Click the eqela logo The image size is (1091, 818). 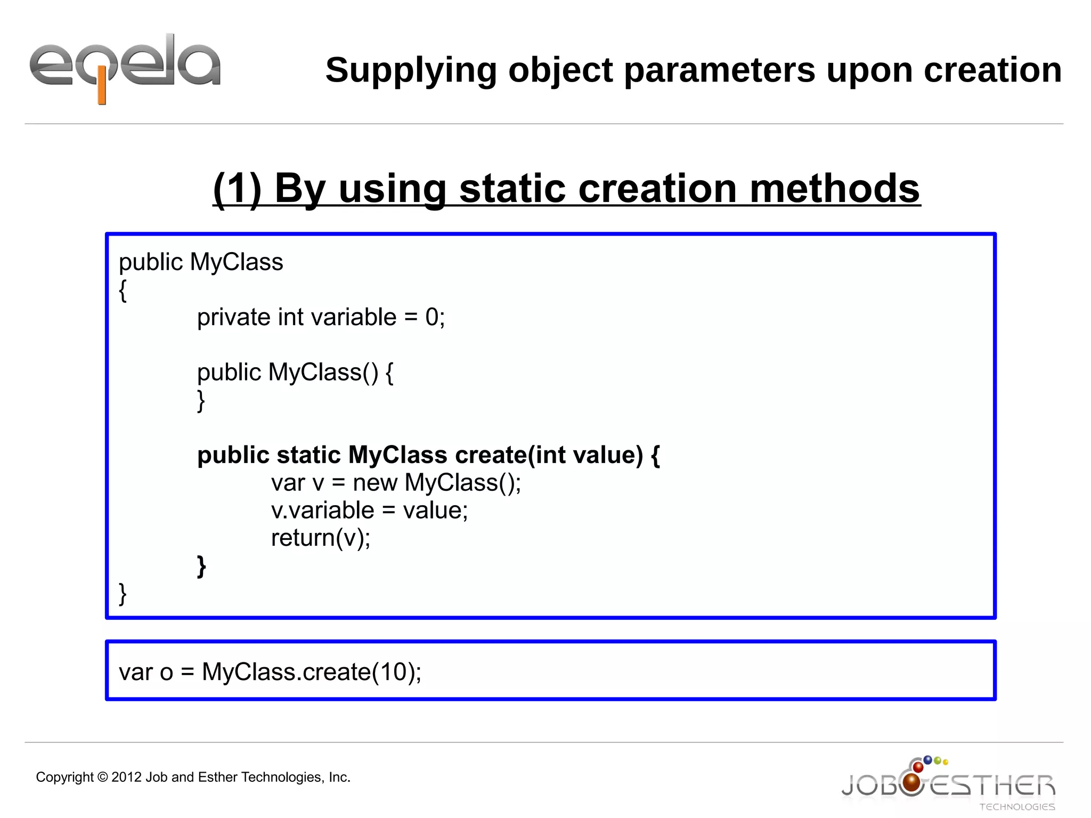125,67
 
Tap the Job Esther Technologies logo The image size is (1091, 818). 948,784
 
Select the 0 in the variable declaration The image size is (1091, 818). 431,318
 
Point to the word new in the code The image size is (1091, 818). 375,483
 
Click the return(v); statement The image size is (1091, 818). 321,538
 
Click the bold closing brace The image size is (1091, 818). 201,566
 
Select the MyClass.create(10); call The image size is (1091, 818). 312,672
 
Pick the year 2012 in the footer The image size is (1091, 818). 126,777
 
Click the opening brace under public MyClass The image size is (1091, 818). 123,290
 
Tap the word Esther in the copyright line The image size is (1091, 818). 217,777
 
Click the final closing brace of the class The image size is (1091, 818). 123,594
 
